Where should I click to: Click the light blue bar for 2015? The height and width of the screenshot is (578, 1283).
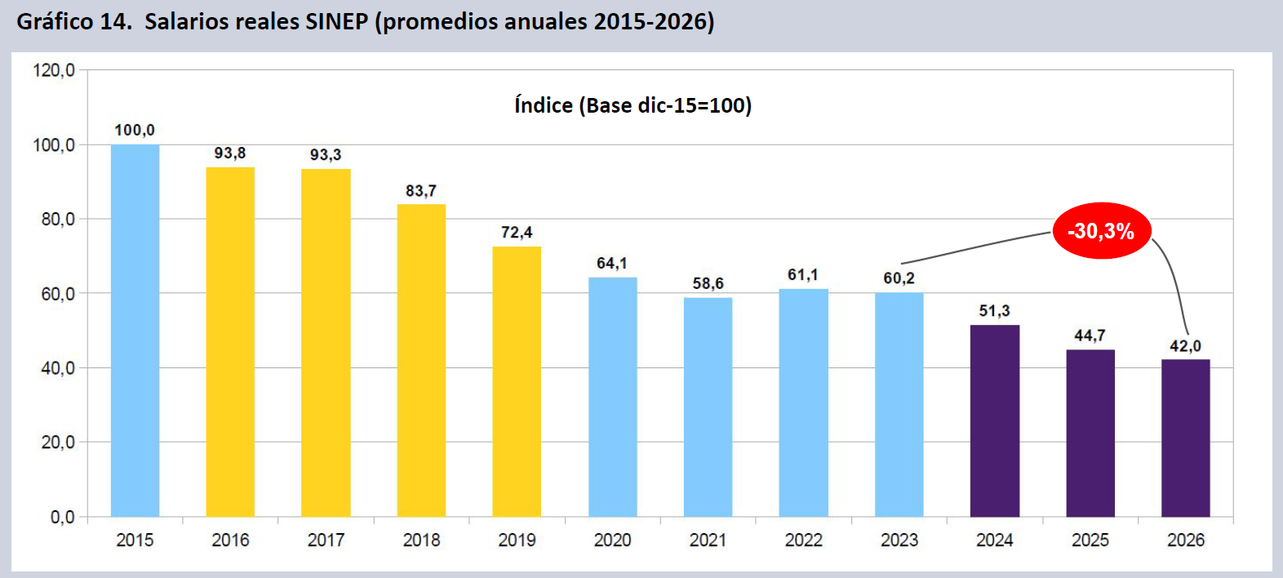click(135, 331)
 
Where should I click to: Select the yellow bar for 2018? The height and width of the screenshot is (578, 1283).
click(421, 360)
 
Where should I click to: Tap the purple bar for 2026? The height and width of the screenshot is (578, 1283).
click(1185, 438)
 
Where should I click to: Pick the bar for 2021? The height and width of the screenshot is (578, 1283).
click(708, 407)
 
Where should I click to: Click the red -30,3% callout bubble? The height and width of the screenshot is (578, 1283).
click(1101, 231)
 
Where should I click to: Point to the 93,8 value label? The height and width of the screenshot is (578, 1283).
click(230, 153)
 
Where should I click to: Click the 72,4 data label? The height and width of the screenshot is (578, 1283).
click(517, 233)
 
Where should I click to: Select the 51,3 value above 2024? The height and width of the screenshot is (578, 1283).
click(994, 311)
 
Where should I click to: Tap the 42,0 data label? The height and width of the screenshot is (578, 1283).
click(1185, 346)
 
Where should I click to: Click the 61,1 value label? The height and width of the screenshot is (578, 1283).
click(803, 275)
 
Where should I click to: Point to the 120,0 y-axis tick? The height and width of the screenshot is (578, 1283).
click(54, 70)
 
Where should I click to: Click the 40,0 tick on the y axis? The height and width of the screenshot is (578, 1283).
click(57, 368)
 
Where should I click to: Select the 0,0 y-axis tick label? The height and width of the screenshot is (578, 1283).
click(62, 517)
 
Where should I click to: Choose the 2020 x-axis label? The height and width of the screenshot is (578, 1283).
click(612, 540)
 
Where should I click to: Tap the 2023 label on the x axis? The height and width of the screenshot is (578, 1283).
click(899, 540)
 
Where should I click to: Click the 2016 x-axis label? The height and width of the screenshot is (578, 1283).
click(230, 540)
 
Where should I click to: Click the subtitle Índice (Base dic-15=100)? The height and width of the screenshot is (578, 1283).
click(633, 105)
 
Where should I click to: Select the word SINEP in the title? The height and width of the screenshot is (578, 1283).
click(336, 21)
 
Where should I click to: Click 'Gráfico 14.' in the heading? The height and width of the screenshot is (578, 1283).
click(74, 21)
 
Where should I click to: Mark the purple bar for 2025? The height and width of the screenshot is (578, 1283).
click(1090, 433)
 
